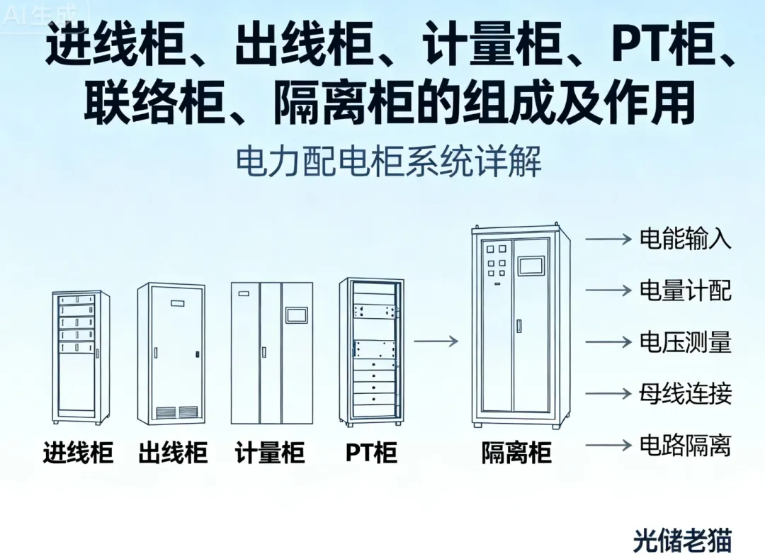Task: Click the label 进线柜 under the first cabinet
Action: tap(78, 453)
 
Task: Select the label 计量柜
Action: tap(269, 453)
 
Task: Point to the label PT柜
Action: tap(371, 453)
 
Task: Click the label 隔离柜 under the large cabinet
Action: tap(516, 453)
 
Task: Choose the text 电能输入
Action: tap(685, 239)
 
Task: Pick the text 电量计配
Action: tap(685, 290)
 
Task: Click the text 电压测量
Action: tap(685, 342)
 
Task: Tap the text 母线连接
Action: tap(685, 394)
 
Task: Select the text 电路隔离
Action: tap(685, 446)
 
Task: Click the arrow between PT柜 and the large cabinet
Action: tap(436, 341)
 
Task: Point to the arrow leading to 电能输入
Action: tap(608, 239)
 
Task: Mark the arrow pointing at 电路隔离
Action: tap(608, 446)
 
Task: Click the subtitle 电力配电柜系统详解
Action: tap(388, 162)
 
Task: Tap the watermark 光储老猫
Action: tap(681, 541)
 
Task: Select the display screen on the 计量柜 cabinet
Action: tap(296, 315)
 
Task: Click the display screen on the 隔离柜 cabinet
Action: tap(531, 265)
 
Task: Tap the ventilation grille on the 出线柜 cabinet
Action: tap(176, 412)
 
